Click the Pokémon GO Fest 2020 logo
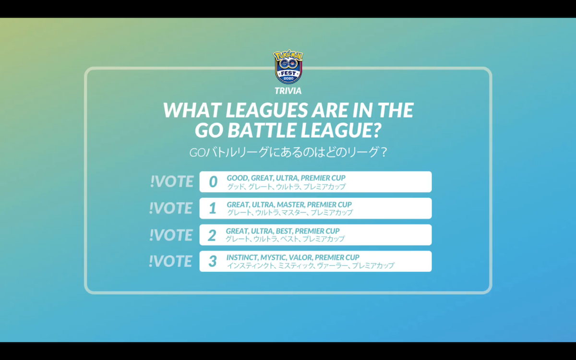(288, 67)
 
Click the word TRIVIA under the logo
(288, 91)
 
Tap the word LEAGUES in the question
(267, 110)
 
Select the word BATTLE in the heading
(261, 130)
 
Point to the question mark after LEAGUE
(375, 130)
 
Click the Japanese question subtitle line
(288, 152)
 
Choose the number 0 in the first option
(213, 181)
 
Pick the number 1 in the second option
(213, 208)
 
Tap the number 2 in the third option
(212, 235)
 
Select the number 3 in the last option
(213, 261)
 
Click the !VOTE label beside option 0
(172, 181)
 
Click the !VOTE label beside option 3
(170, 261)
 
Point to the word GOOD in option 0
(238, 178)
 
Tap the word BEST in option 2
(284, 231)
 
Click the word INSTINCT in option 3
(242, 257)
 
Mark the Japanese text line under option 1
(290, 213)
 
